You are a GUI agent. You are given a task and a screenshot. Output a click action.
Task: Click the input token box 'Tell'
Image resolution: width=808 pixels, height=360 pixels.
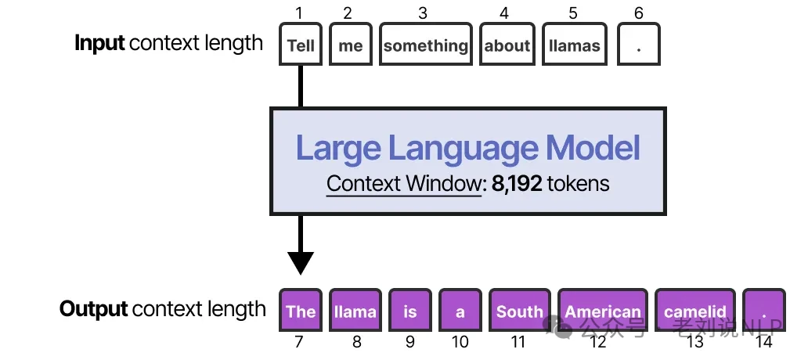point(301,45)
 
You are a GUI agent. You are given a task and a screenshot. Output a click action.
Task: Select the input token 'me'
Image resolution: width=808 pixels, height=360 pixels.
point(350,45)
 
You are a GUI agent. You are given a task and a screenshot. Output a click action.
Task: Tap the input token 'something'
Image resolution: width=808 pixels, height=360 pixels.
point(425,45)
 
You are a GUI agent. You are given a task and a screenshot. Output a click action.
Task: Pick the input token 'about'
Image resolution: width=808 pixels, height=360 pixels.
point(507,45)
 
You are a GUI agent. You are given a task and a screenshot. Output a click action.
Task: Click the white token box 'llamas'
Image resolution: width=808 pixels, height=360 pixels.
point(574,45)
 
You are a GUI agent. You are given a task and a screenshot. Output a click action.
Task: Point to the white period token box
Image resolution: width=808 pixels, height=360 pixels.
point(639,45)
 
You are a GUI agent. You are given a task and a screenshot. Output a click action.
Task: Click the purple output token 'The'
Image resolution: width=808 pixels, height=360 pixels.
point(301,311)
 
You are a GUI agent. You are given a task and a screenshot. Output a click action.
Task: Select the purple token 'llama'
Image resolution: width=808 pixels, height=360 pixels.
point(355,311)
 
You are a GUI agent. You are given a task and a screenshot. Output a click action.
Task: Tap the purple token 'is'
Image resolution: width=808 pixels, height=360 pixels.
point(410,311)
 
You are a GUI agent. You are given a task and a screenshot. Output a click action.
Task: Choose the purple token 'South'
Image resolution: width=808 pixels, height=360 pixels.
point(519,311)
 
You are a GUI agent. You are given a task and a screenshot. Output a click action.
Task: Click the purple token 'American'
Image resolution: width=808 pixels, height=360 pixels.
point(602,311)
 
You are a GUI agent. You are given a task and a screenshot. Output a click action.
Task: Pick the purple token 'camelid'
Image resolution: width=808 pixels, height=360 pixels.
point(694,311)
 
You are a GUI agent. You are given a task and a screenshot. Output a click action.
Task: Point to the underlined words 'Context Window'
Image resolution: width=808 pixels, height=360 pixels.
point(403,184)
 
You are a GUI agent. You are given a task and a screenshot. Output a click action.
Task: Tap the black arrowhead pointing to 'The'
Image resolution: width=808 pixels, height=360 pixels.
point(301,263)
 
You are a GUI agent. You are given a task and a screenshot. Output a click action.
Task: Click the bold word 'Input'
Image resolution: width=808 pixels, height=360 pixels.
point(99,43)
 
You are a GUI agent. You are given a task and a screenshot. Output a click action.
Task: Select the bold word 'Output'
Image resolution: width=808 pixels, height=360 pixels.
point(93,309)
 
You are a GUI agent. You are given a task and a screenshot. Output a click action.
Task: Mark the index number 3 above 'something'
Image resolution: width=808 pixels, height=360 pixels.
point(423,13)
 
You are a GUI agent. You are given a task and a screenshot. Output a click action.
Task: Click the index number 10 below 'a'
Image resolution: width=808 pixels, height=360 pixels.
point(460,342)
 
